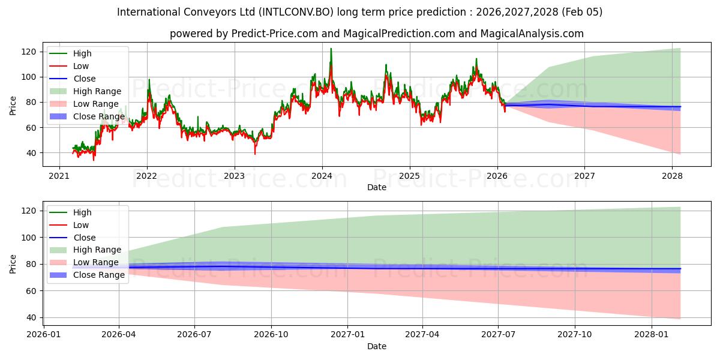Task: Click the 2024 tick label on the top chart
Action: [322, 176]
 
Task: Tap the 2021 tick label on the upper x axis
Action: [59, 176]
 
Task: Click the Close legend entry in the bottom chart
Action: [85, 238]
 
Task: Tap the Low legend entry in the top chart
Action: [81, 66]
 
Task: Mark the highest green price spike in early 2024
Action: [331, 49]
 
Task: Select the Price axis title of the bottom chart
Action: [13, 263]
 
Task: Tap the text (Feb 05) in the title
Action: [583, 12]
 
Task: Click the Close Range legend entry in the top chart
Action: [99, 116]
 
